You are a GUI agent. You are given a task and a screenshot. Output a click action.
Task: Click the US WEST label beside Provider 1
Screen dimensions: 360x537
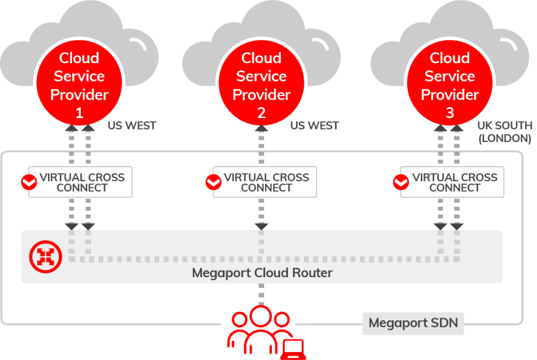(x=132, y=126)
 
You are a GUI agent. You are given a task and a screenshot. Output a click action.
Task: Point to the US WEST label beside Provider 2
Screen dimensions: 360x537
(x=314, y=126)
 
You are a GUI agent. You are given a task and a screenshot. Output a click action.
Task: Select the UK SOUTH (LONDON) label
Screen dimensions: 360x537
(x=505, y=132)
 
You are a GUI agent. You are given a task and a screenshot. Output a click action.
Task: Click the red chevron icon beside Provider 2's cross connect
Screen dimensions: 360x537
(x=213, y=182)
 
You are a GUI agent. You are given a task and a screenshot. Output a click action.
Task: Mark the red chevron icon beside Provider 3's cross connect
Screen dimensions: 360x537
(x=401, y=182)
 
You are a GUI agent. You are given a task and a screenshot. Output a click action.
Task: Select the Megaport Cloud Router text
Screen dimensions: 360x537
(x=262, y=273)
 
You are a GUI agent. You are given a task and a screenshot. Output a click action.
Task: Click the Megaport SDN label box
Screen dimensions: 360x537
(x=413, y=323)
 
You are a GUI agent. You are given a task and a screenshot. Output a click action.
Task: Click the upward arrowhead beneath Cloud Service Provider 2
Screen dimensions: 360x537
(x=261, y=128)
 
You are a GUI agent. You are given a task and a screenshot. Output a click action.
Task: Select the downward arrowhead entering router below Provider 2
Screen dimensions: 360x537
(x=261, y=226)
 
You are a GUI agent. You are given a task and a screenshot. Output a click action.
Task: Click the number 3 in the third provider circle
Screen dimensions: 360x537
(x=450, y=113)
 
